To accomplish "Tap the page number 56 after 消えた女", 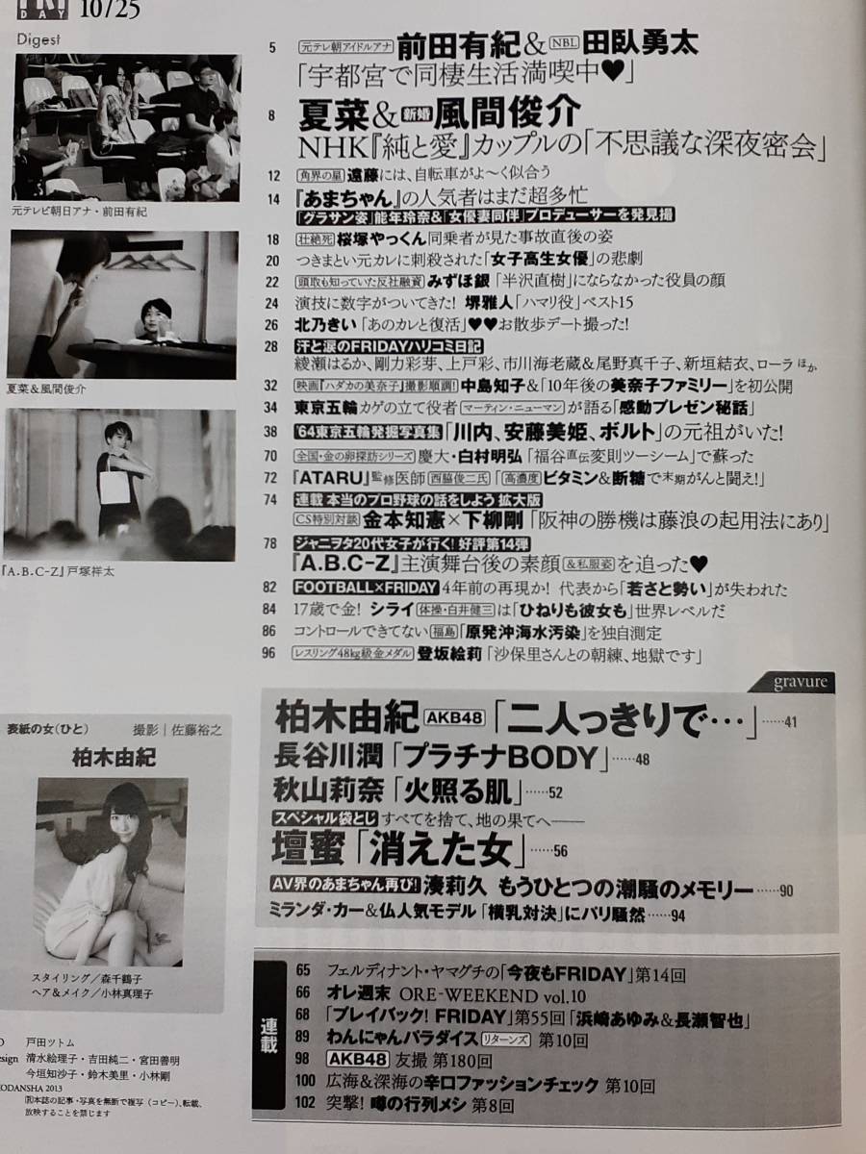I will (x=561, y=851).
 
